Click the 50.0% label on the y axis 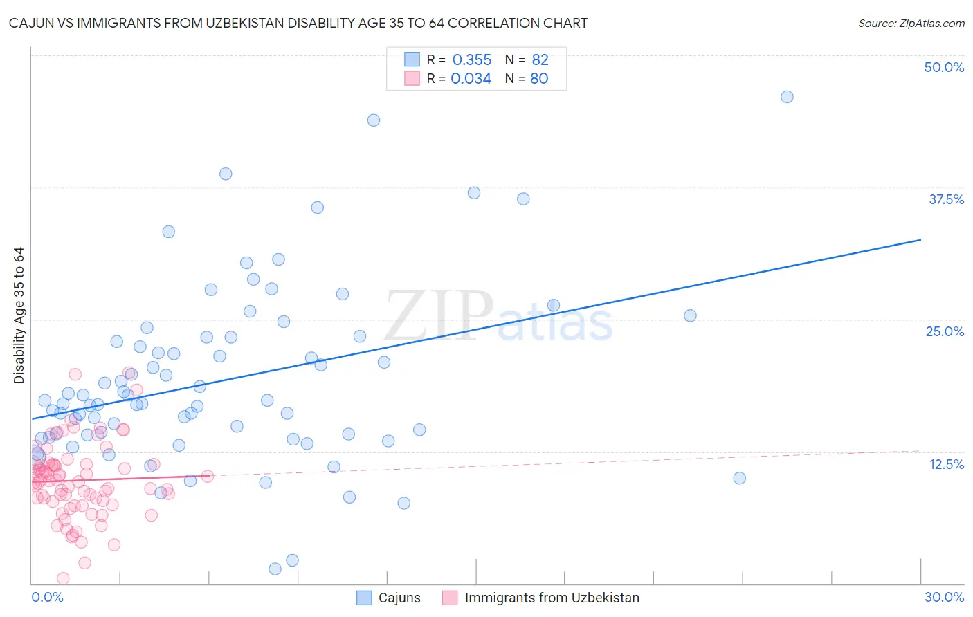(x=944, y=67)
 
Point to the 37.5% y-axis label (x=946, y=199)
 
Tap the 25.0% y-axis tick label (x=945, y=331)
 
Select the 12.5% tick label (x=946, y=464)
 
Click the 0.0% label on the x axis (x=47, y=597)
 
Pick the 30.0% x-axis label (x=944, y=597)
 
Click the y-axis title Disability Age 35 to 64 (x=19, y=315)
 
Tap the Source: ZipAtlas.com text (x=911, y=23)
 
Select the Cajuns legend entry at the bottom (x=399, y=598)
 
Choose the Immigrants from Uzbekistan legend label (x=552, y=598)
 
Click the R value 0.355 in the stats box (x=471, y=60)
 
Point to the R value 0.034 (x=471, y=79)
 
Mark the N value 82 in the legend (x=540, y=60)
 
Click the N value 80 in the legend (x=539, y=79)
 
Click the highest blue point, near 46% (x=787, y=97)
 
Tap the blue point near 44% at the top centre (x=374, y=120)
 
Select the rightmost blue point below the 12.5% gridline (x=739, y=478)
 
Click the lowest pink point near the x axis (x=63, y=578)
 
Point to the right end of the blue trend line (x=920, y=239)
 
